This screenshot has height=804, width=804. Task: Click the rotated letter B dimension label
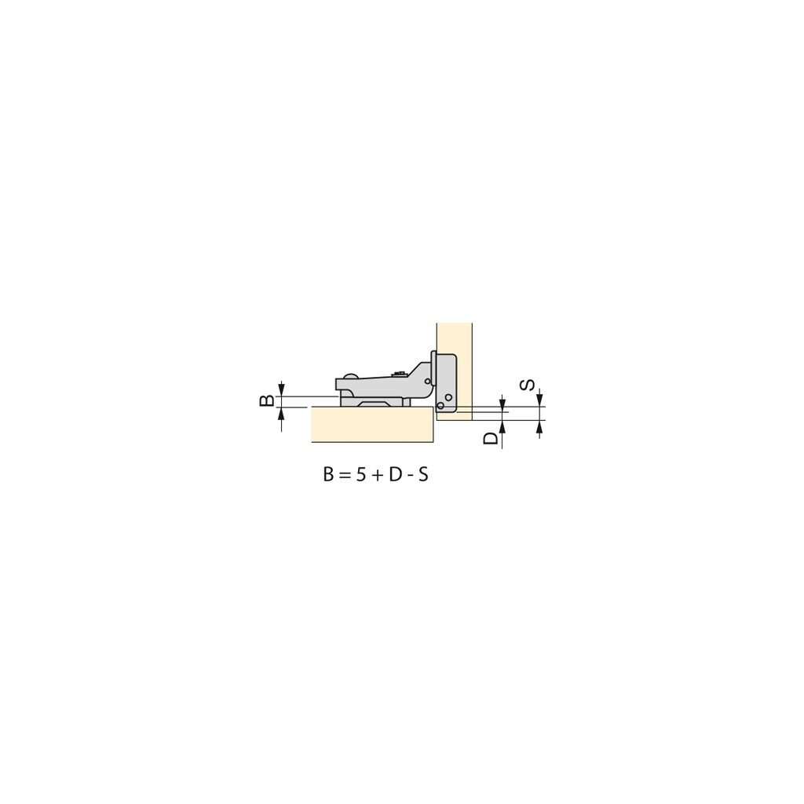[267, 400]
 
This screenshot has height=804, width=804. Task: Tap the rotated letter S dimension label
[528, 385]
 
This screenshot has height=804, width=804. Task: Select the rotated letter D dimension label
[492, 438]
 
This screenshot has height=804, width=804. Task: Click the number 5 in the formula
[360, 475]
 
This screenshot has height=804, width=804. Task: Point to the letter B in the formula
[329, 475]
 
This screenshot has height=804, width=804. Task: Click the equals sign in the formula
[345, 476]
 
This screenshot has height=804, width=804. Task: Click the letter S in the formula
[423, 475]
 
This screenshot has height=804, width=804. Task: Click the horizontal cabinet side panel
[372, 424]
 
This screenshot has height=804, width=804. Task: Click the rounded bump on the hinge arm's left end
[349, 376]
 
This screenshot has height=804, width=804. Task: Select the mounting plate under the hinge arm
[375, 402]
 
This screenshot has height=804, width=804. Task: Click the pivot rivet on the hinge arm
[427, 382]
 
